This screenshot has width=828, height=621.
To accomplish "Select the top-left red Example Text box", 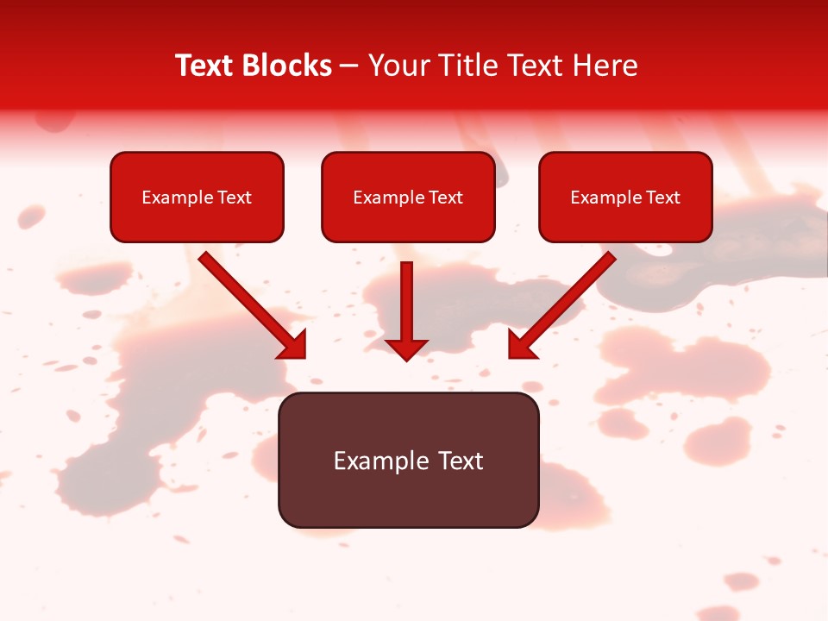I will tap(197, 197).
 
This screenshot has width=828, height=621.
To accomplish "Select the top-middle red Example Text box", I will tap(408, 197).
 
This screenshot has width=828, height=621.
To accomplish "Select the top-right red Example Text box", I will tap(625, 197).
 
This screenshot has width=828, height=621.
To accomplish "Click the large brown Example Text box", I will tap(408, 460).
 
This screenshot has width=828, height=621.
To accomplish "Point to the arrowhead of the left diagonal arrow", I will tap(293, 345).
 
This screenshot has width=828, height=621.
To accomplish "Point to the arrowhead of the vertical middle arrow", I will tap(406, 349).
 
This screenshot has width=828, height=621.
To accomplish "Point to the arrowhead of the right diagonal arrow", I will tap(520, 345).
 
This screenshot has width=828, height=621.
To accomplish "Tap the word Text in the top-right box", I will tap(662, 198).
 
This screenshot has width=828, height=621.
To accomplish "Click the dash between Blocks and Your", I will tap(349, 66).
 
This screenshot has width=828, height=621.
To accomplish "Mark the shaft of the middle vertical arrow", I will tap(406, 298).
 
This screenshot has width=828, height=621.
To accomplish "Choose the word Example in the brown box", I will tap(380, 461).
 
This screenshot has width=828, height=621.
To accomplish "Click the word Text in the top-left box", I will tap(234, 198).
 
